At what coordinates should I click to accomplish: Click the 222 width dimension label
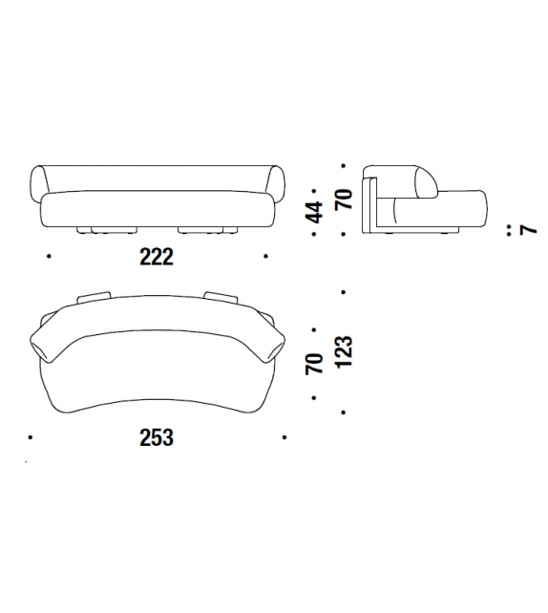tap(157, 257)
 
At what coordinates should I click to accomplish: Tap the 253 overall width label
tap(157, 437)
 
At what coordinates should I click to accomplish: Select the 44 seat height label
tap(315, 212)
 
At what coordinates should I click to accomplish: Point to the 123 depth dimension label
tap(344, 351)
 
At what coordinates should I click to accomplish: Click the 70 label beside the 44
tap(344, 199)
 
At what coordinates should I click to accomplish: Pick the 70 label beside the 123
tap(315, 364)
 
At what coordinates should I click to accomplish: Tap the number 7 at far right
tap(529, 230)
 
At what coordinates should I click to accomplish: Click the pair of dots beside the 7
tap(509, 230)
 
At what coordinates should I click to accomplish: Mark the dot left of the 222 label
tap(49, 257)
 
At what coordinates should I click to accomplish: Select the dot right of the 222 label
tap(265, 257)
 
